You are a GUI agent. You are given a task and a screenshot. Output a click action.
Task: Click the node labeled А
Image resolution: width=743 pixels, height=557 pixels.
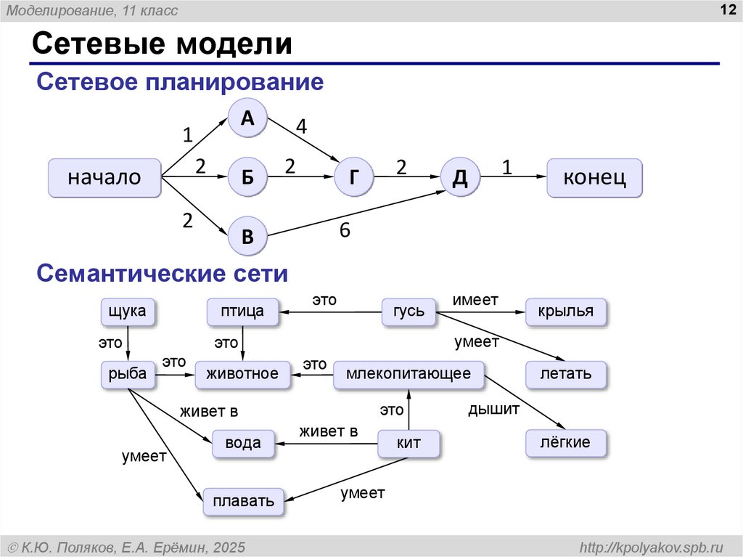pyautogui.click(x=247, y=118)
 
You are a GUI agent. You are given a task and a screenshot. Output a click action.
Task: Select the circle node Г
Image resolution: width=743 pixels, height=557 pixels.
pyautogui.click(x=353, y=176)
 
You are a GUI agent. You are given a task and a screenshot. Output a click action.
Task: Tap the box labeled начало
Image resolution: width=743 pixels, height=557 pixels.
pyautogui.click(x=104, y=177)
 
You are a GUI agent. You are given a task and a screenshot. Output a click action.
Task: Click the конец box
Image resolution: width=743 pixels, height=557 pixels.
pyautogui.click(x=594, y=177)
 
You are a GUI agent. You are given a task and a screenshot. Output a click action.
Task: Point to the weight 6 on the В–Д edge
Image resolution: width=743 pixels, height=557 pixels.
pyautogui.click(x=345, y=230)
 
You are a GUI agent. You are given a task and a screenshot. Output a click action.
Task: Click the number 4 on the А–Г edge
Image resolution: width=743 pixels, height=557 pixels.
pyautogui.click(x=301, y=126)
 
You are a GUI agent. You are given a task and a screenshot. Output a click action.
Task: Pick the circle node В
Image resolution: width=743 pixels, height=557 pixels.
pyautogui.click(x=247, y=236)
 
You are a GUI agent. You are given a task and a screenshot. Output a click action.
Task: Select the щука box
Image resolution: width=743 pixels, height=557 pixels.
pyautogui.click(x=128, y=312)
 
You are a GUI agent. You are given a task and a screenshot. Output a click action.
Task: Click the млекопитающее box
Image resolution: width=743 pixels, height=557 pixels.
pyautogui.click(x=409, y=374)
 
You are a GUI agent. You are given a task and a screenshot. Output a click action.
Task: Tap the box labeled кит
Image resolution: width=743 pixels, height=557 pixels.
pyautogui.click(x=409, y=443)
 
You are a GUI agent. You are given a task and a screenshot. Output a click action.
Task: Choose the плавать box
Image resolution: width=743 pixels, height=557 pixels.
pyautogui.click(x=244, y=502)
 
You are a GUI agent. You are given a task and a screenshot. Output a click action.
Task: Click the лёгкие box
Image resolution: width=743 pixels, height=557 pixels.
pyautogui.click(x=565, y=443)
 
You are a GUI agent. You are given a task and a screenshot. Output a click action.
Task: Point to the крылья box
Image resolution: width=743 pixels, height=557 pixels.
pyautogui.click(x=565, y=312)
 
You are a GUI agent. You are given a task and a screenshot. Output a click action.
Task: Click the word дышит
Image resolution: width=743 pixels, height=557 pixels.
pyautogui.click(x=493, y=409)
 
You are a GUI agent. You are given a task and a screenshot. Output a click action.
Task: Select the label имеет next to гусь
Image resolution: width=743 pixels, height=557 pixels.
pyautogui.click(x=475, y=300)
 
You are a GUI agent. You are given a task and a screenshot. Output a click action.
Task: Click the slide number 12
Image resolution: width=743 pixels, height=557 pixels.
pyautogui.click(x=728, y=9)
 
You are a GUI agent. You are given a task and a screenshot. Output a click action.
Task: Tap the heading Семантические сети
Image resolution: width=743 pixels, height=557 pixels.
pyautogui.click(x=163, y=273)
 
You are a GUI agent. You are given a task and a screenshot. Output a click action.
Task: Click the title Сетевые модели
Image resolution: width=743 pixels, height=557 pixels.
pyautogui.click(x=162, y=43)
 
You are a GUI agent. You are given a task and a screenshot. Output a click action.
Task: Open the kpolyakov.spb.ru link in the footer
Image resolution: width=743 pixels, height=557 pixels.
pyautogui.click(x=652, y=548)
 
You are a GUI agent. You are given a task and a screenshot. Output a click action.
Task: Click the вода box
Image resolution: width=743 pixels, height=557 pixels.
pyautogui.click(x=243, y=443)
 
